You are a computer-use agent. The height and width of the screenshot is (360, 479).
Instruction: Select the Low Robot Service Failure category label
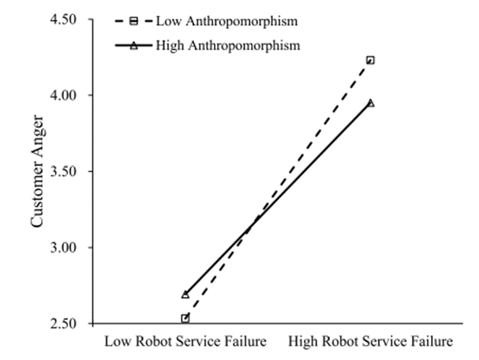(185, 342)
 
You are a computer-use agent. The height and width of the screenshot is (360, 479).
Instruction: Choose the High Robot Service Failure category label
(371, 342)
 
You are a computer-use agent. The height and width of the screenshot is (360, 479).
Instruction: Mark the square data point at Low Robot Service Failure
(185, 318)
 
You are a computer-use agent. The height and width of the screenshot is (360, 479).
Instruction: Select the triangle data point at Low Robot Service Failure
(185, 294)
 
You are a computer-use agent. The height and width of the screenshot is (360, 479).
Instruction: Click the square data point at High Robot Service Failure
(370, 60)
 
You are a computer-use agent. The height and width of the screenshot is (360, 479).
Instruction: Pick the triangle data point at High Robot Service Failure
(370, 103)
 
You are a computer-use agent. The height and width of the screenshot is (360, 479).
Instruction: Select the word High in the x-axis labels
(305, 342)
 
